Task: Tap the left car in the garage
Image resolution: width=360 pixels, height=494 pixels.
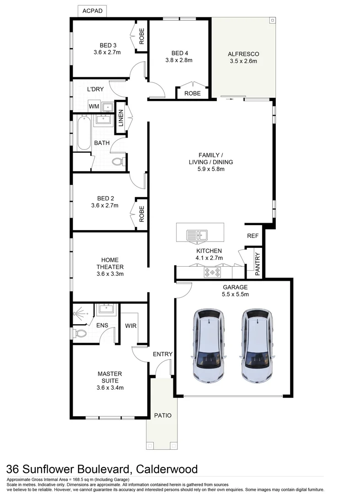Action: point(209,346)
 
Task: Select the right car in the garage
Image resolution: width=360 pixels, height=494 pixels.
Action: point(258,346)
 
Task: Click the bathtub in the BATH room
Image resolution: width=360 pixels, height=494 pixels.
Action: point(83,134)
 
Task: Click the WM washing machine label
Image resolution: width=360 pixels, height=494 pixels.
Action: point(94,107)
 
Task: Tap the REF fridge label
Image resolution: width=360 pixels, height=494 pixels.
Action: point(253,236)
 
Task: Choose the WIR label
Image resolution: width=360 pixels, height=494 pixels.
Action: point(131,326)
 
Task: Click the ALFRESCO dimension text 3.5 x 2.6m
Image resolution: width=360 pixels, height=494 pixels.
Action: point(243,61)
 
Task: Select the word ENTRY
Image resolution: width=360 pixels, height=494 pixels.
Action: point(162,354)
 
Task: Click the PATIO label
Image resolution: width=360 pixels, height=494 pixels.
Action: point(163,415)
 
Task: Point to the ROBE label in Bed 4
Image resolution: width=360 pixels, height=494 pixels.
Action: point(192,93)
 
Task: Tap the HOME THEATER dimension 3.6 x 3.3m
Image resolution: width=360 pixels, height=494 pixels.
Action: point(110,274)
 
